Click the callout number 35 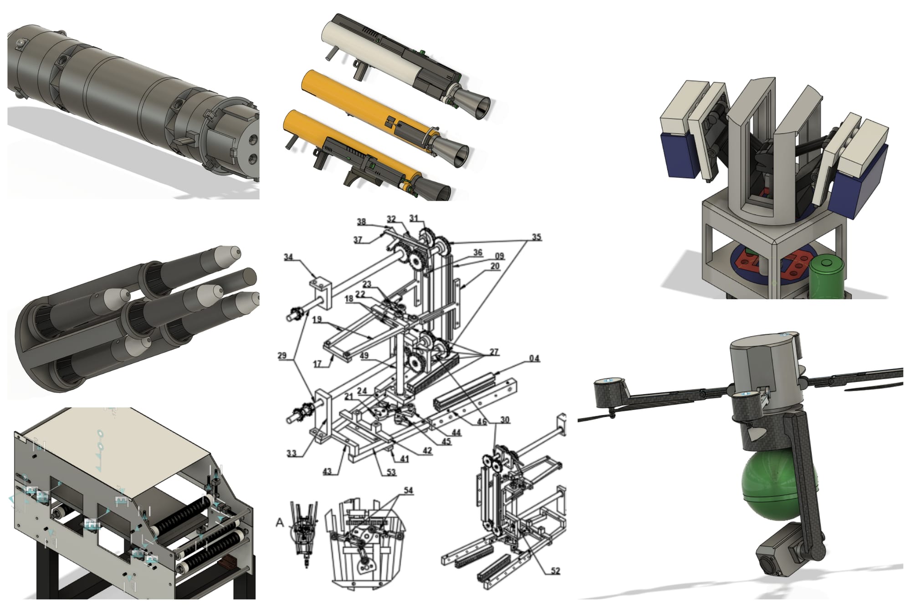click(536, 237)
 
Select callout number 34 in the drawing click(288, 257)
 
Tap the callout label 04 click(534, 358)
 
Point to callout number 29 click(282, 355)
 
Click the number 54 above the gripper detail click(408, 490)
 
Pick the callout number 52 click(555, 571)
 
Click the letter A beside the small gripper click(280, 523)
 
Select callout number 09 click(499, 256)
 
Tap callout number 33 click(292, 453)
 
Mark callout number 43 click(328, 471)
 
